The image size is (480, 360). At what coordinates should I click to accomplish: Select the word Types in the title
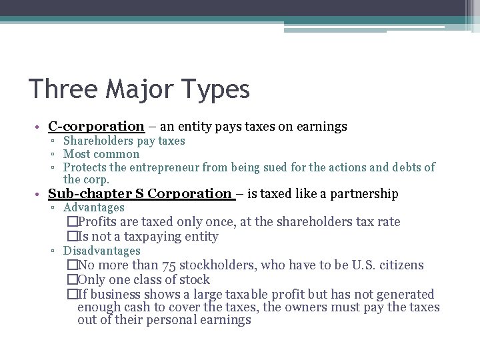point(215,89)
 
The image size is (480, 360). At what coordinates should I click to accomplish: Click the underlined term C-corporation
point(96,126)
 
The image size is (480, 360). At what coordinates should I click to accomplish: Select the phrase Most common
point(101,154)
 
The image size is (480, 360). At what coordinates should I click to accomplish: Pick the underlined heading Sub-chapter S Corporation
point(139,194)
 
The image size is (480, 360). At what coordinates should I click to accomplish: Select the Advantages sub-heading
point(94,208)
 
